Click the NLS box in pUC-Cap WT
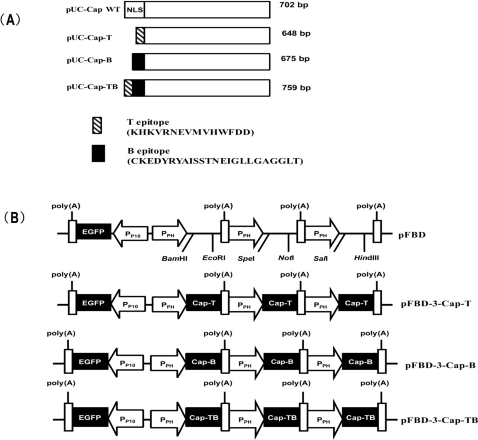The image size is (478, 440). [134, 9]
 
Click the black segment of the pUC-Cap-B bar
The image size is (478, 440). [138, 61]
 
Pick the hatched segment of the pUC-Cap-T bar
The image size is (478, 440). [140, 35]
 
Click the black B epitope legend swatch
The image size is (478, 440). [98, 153]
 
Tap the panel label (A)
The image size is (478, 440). [10, 22]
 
